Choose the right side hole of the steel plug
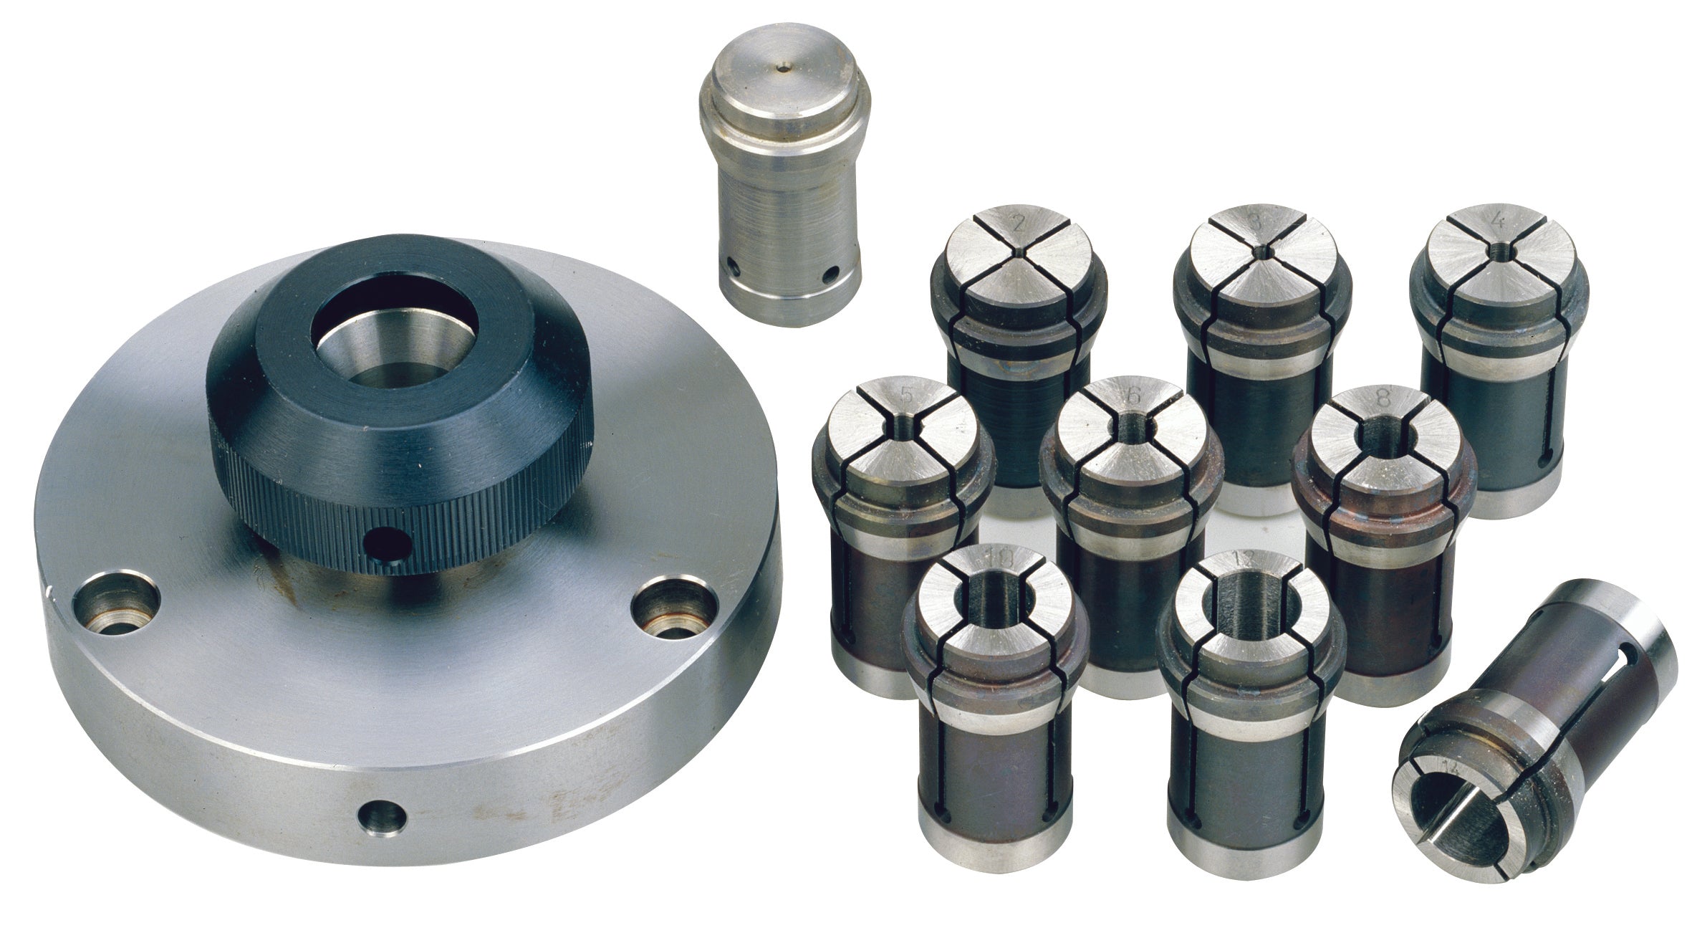tap(831, 273)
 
